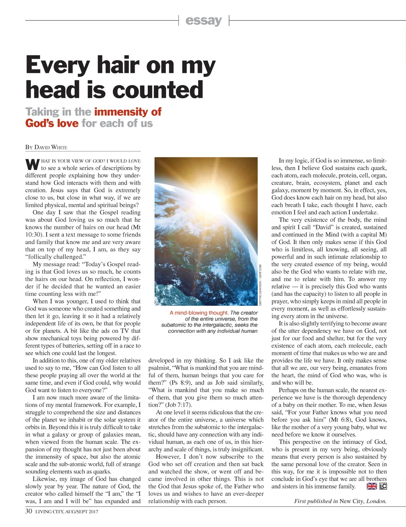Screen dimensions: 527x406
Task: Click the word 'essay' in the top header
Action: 203,20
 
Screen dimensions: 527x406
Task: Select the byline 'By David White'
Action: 46,147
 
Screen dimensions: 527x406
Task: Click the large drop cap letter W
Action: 32,164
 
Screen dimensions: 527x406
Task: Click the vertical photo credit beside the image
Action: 260,285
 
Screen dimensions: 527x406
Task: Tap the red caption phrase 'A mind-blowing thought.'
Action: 199,313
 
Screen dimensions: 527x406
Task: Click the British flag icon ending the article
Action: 372,486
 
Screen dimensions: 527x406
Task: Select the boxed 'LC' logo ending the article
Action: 383,486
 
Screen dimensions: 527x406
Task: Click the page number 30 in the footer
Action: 29,511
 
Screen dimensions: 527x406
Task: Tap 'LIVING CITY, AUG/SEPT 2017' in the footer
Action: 67,512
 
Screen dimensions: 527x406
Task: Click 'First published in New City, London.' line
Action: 340,501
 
